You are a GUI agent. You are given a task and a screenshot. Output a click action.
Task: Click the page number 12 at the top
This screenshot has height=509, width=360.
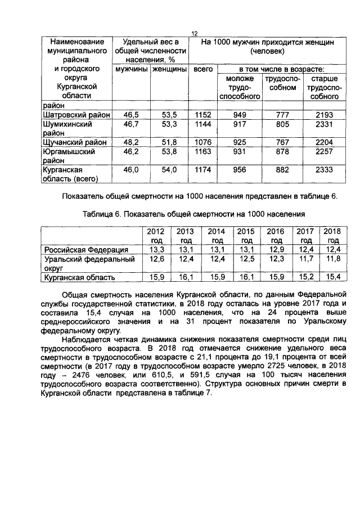[x=194, y=34]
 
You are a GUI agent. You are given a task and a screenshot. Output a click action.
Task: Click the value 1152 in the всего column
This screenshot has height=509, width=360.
[x=202, y=114]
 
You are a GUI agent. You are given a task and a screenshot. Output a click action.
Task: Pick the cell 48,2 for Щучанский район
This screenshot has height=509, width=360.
[x=131, y=142]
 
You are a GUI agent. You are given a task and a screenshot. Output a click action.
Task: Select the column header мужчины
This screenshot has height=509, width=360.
[x=131, y=69]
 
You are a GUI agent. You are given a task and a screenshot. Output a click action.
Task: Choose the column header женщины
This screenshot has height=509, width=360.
[x=169, y=69]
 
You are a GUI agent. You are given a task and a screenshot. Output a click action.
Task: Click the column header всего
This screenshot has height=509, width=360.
[x=202, y=69]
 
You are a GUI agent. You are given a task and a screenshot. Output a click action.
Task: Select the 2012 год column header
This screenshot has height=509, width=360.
[x=155, y=235]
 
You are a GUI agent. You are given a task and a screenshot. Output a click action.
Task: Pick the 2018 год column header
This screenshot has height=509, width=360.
[x=333, y=235]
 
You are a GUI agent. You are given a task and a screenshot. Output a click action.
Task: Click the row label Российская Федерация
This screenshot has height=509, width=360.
[x=86, y=249]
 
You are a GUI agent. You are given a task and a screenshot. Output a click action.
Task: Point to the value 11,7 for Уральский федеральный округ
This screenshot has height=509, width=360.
[x=305, y=259]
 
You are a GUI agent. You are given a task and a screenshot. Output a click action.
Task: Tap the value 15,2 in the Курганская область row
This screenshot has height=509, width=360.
[x=305, y=277]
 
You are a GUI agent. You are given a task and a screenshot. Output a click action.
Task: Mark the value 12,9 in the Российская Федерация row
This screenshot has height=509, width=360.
[x=275, y=249]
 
